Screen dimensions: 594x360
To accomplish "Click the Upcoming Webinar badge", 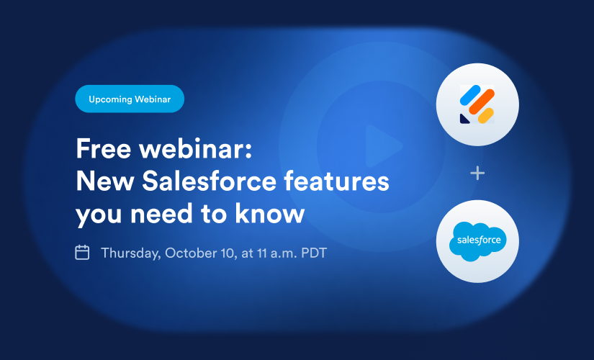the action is click(130, 99).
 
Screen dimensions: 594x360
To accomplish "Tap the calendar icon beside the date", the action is click(82, 253).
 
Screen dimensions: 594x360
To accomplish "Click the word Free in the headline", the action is click(104, 148).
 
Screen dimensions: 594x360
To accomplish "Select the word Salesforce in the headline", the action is click(209, 181).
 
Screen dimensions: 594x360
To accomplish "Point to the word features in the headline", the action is click(336, 181).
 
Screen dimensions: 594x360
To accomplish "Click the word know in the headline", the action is click(270, 213).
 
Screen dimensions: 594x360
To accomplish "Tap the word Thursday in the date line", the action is click(131, 253).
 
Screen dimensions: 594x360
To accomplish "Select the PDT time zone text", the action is click(314, 253).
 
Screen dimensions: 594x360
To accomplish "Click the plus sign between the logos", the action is click(477, 174).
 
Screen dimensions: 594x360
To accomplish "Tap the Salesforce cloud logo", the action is click(477, 241).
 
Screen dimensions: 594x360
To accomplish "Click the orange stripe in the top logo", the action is click(482, 102).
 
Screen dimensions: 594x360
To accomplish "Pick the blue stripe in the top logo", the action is click(470, 95).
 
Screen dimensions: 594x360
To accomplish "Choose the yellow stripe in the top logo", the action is click(486, 116).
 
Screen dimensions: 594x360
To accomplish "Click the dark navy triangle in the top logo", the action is click(464, 119).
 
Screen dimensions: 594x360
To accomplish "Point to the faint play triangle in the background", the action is click(382, 146).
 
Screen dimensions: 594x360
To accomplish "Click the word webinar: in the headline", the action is click(195, 148).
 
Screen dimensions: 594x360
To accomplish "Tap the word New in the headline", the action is click(105, 181).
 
